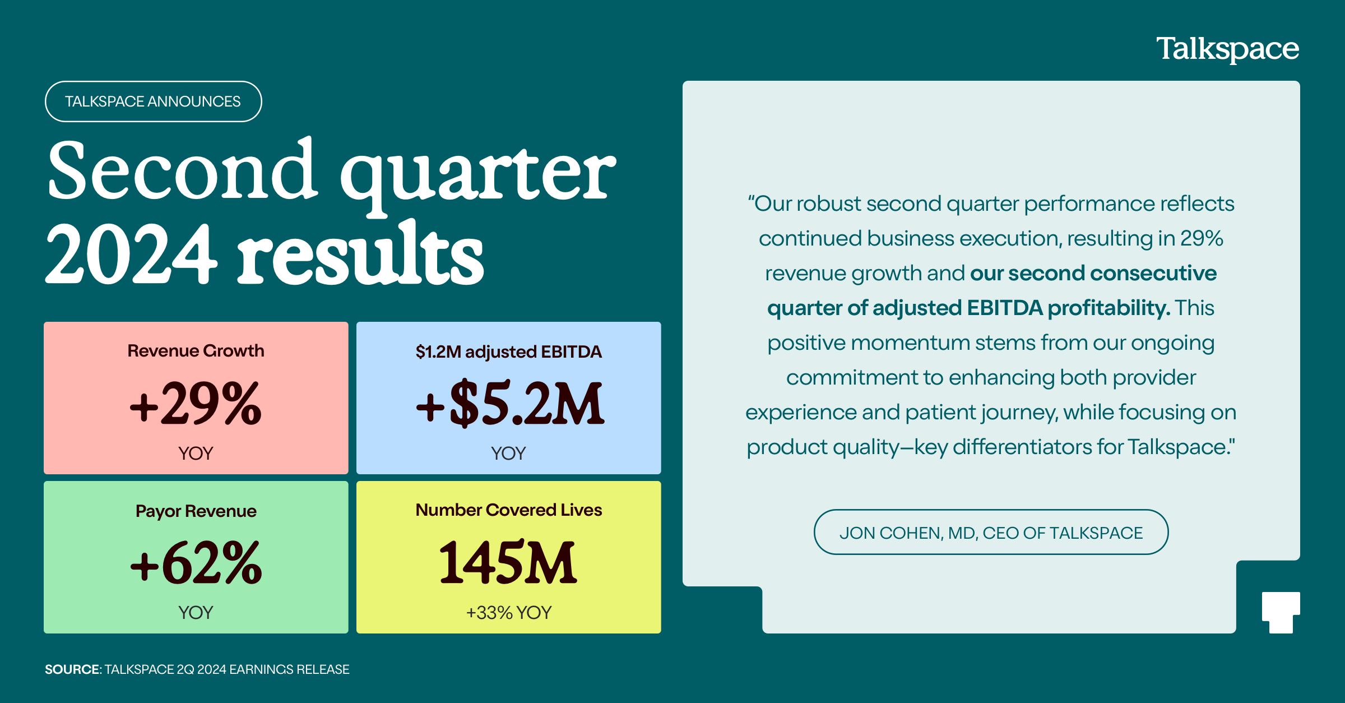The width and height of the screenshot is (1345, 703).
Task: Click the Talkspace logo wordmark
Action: pos(1227,49)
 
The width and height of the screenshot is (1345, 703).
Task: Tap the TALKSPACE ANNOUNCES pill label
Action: pos(153,101)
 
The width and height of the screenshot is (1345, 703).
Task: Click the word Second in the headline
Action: pos(183,170)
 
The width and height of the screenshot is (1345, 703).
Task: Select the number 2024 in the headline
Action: pos(131,253)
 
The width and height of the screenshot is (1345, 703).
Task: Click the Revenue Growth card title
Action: pos(196,351)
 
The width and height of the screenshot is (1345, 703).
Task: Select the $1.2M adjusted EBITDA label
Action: pos(509,351)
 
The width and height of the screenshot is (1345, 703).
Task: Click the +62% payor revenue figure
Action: pos(196,562)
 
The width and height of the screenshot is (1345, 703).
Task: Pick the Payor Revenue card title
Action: pos(196,511)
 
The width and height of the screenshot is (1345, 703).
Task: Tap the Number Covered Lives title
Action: pos(509,510)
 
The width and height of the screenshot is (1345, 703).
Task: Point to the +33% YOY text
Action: pos(509,613)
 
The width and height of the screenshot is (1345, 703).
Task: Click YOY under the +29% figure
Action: pos(196,453)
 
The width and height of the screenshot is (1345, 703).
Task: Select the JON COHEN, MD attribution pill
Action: pos(991,532)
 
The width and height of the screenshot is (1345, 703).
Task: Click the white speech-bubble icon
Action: pos(1281,612)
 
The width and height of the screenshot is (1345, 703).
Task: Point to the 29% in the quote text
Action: pos(1202,238)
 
